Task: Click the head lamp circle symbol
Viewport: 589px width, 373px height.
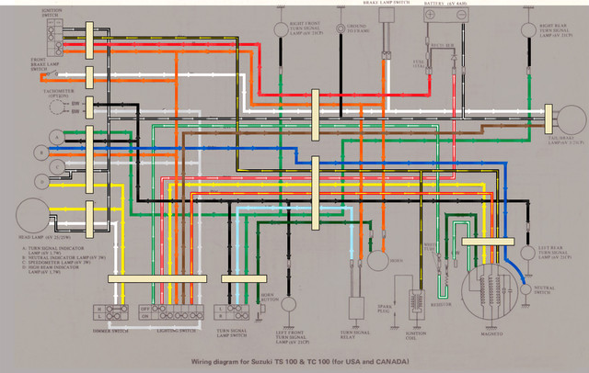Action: pyautogui.click(x=31, y=216)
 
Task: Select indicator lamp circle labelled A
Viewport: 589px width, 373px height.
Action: pyautogui.click(x=55, y=136)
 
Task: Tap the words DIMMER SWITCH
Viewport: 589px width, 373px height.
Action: pyautogui.click(x=110, y=328)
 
